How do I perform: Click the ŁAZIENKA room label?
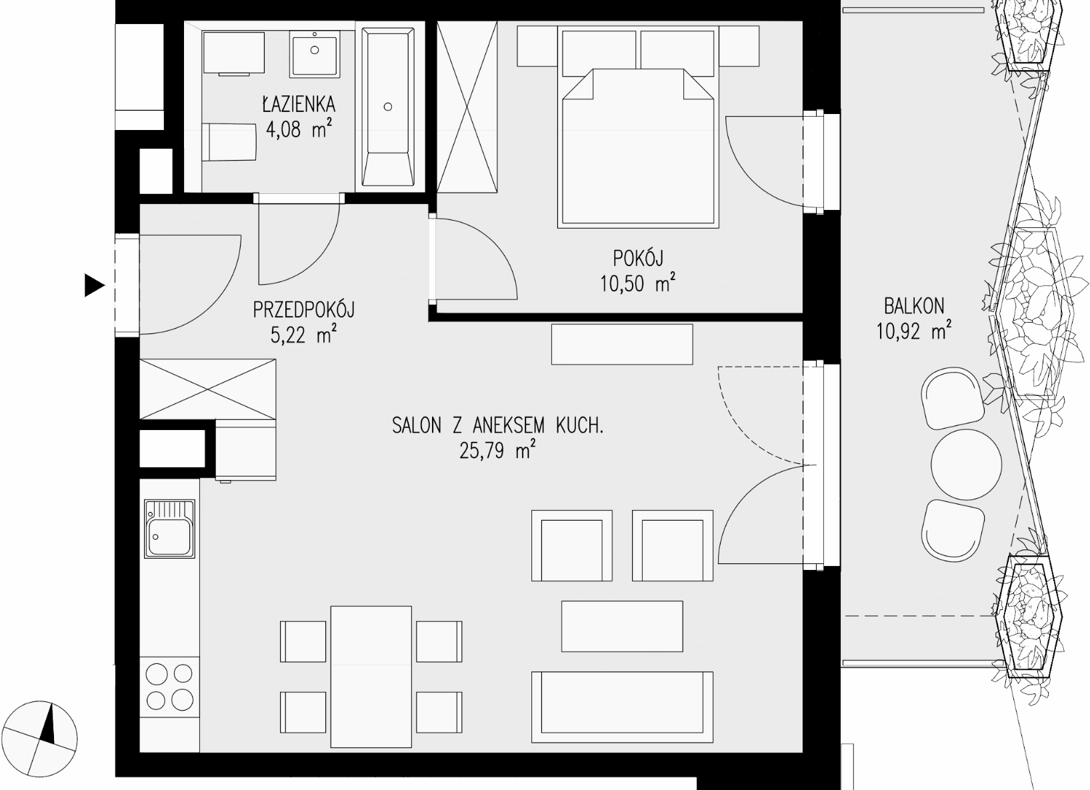click(299, 104)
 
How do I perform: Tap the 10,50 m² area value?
click(638, 283)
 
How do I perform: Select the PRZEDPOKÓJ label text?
click(303, 310)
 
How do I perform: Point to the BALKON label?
click(914, 306)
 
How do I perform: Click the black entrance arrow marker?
click(95, 285)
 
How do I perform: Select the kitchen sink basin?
click(169, 537)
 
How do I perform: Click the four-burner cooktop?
click(169, 686)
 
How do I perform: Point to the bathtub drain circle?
click(388, 107)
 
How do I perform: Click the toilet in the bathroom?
click(229, 141)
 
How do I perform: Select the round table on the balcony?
click(966, 464)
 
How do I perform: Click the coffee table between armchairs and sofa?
click(622, 626)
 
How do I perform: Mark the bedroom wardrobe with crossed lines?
click(467, 107)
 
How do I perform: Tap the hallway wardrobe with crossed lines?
click(208, 389)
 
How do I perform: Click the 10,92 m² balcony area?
click(914, 331)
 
